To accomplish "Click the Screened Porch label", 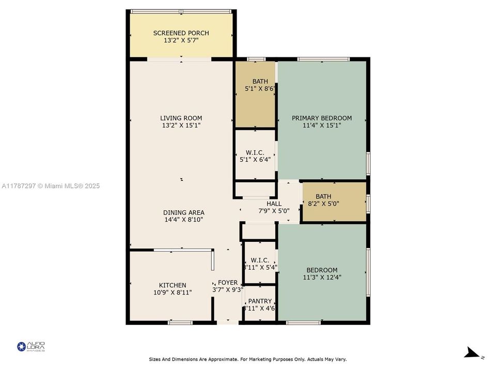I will pos(181,33).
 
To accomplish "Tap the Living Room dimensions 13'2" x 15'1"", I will pos(181,125).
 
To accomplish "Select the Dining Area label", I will pos(183,212).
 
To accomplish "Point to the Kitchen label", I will pos(173,285).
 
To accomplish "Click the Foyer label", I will pos(228,283).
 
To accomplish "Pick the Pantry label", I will pos(260,301).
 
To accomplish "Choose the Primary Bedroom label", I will pos(322,118).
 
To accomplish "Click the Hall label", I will pos(274,204).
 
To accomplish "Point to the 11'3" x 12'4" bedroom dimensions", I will pos(322,277).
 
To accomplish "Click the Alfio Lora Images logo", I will pos(31,346).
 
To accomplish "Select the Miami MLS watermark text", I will pos(51,186).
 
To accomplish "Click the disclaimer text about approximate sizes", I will pos(248,359).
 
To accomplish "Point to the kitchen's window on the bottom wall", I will pos(180,323).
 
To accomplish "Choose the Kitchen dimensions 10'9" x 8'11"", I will pos(173,292).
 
